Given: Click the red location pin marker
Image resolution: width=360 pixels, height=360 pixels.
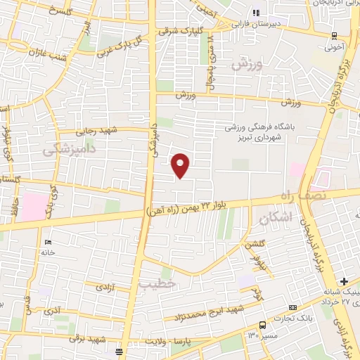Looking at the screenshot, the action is [x=181, y=165].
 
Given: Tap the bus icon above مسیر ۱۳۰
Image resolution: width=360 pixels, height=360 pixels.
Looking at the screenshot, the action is [x=262, y=325].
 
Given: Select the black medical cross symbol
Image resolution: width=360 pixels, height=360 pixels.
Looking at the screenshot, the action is [x=344, y=281].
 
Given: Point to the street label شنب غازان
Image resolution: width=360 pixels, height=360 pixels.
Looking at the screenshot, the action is [x=46, y=50].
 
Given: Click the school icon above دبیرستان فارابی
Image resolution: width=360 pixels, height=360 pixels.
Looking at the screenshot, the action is [x=257, y=13].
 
